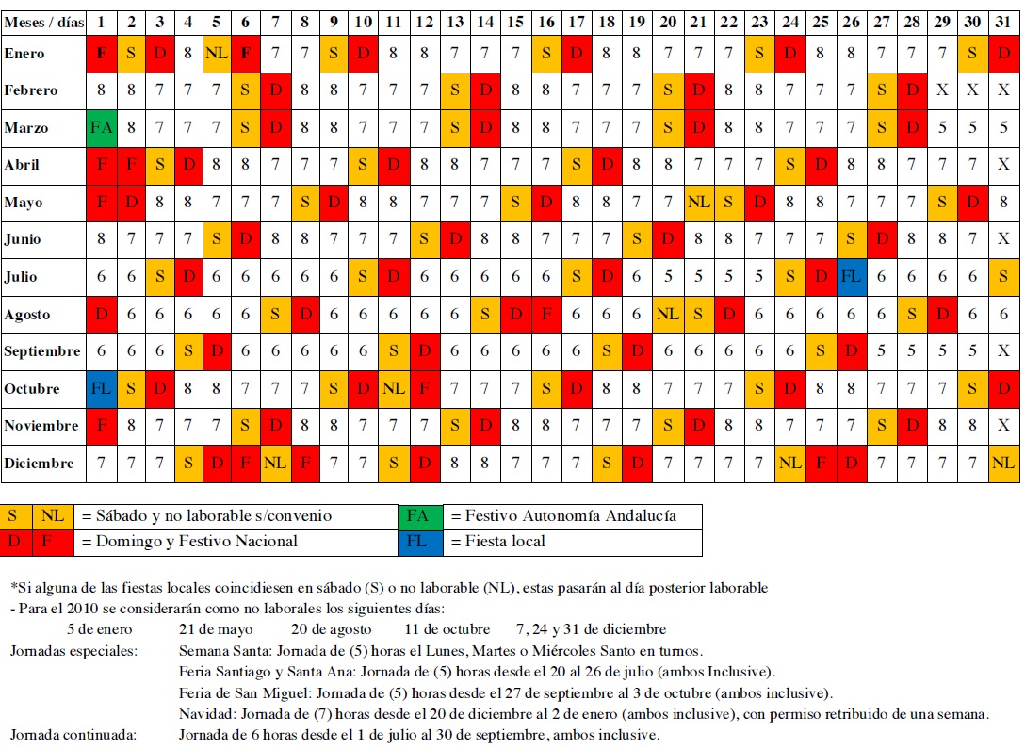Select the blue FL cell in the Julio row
click(851, 277)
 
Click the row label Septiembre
click(41, 351)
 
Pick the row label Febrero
click(31, 90)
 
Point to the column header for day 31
click(1003, 22)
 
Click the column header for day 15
click(515, 22)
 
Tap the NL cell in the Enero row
click(218, 54)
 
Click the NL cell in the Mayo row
click(698, 202)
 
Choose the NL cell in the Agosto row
click(668, 314)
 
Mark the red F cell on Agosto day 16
click(546, 314)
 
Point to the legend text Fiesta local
click(499, 542)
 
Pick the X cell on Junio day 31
click(1003, 239)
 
